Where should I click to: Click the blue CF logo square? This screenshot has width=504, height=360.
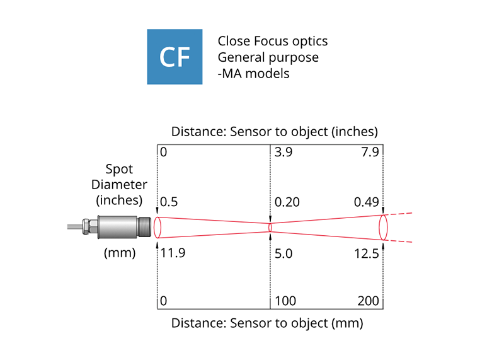[175, 57]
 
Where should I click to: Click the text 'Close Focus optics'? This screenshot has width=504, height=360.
[272, 42]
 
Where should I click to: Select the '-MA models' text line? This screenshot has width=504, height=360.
[253, 73]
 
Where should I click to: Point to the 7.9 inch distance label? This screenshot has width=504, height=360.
[369, 153]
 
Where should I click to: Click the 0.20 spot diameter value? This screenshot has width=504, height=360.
[287, 201]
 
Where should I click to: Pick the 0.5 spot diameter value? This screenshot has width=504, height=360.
[169, 201]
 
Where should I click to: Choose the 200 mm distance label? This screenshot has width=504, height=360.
[368, 301]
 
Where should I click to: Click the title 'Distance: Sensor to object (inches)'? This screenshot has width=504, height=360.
[274, 132]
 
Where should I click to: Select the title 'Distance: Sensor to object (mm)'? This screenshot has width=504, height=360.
[268, 324]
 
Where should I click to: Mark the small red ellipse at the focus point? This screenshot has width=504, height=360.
[270, 226]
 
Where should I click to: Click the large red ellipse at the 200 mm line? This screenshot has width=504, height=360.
[382, 227]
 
